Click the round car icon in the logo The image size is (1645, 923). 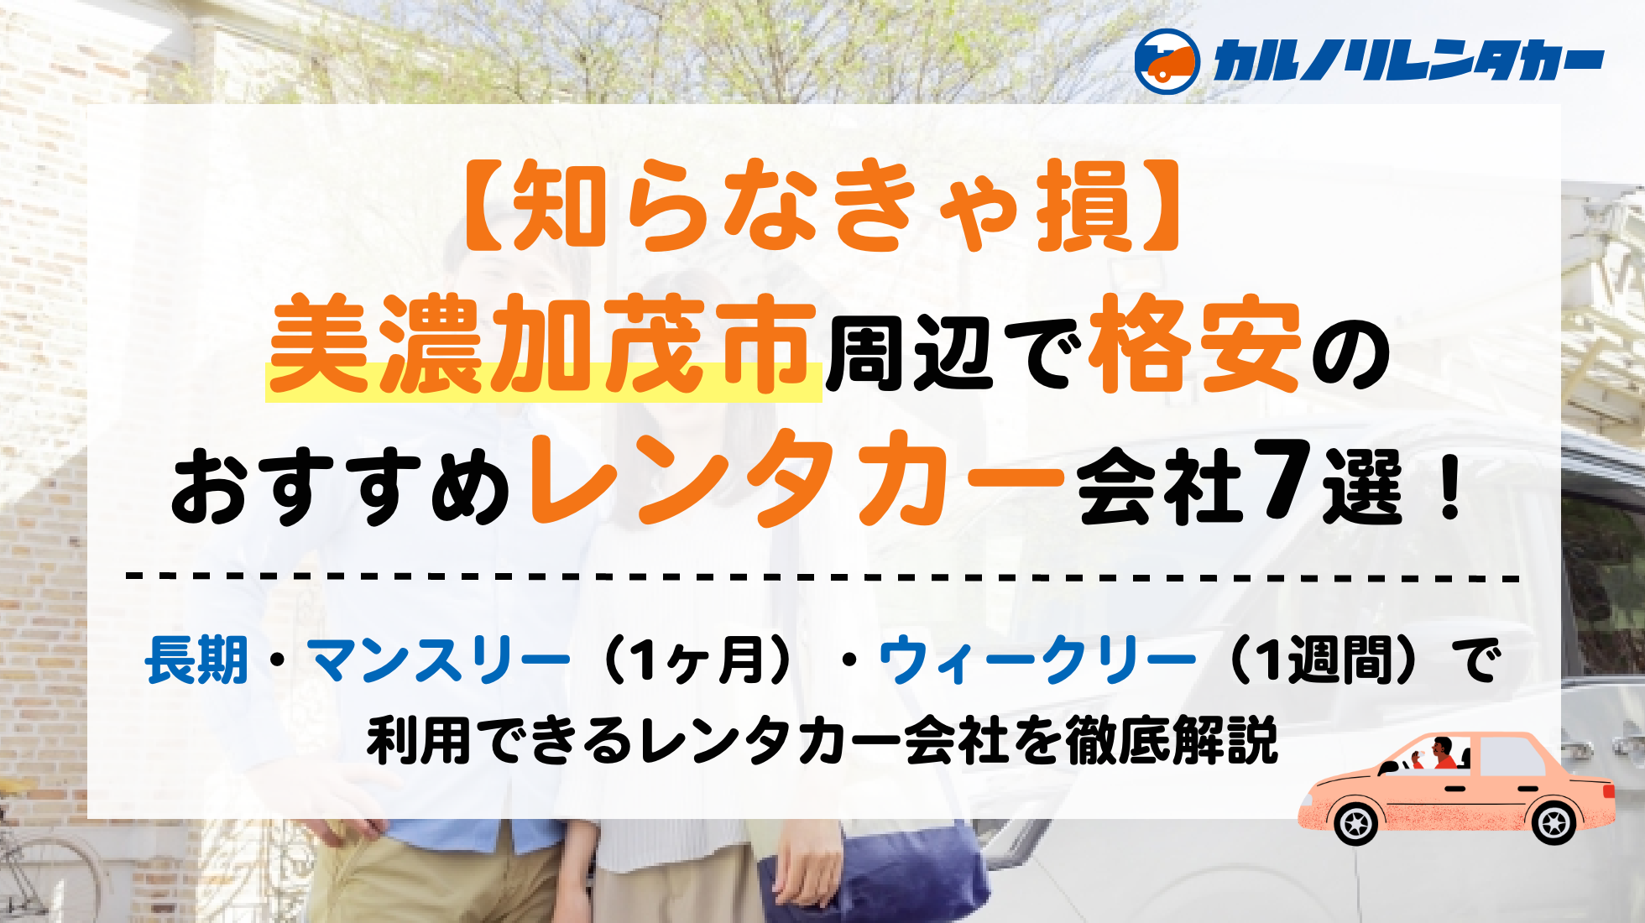tap(1167, 61)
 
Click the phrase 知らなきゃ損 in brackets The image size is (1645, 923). tap(822, 206)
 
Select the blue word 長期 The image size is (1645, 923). tap(196, 660)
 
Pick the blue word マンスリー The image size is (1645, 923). tap(439, 660)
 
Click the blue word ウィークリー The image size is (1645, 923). tap(1037, 660)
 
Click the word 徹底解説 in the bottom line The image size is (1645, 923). tap(1172, 741)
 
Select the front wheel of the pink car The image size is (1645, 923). tap(1356, 823)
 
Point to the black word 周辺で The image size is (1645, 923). tap(953, 352)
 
